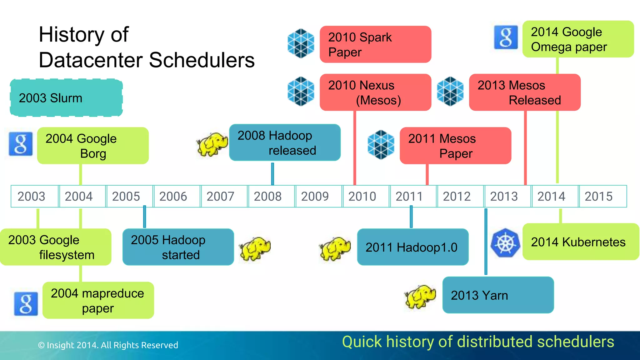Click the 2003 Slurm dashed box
(66, 98)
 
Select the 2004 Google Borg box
(93, 146)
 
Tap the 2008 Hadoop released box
(285, 143)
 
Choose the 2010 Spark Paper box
(375, 44)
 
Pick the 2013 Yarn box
(498, 295)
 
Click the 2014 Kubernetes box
(580, 242)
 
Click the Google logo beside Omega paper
(506, 37)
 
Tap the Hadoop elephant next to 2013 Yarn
(420, 296)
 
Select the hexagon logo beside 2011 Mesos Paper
(381, 145)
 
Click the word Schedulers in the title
(202, 60)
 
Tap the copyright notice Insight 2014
(108, 345)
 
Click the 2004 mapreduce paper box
(98, 300)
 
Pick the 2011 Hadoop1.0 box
(412, 247)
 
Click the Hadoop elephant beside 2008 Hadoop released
(212, 144)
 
